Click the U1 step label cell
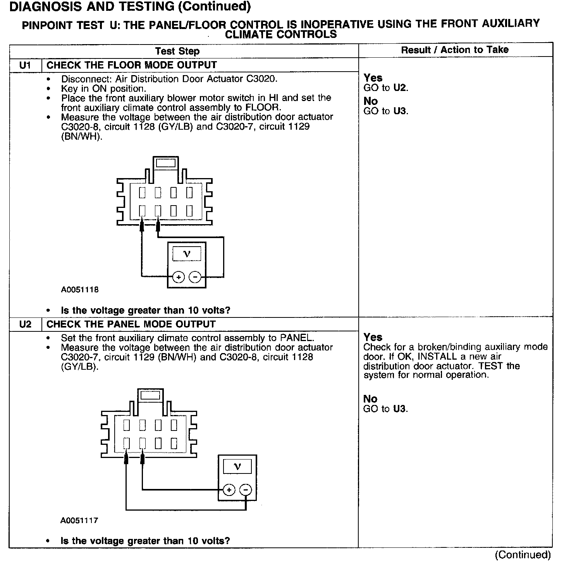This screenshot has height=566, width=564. coord(25,65)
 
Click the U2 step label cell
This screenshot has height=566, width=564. coord(25,324)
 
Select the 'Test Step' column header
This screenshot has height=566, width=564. coord(177,51)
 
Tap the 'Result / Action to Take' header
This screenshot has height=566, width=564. coord(455,50)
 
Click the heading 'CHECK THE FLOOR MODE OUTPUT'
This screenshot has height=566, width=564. coord(132,65)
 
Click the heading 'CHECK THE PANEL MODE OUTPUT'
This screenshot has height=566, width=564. coord(131,324)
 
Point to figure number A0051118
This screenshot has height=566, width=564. coord(80,290)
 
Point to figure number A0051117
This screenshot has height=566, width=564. coord(79,521)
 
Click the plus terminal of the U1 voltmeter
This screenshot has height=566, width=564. coord(179,277)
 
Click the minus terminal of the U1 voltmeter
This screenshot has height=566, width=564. coord(195,277)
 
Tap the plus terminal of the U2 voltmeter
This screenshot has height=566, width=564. coord(229,490)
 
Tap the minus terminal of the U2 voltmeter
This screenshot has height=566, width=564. coord(246,490)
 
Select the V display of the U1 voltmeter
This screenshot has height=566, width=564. coord(187,254)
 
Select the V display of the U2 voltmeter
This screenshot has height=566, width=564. coord(237,467)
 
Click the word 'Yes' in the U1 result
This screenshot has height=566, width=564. coord(373,78)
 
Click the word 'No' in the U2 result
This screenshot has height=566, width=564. coord(370,399)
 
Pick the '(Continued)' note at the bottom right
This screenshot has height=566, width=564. coord(523,555)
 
